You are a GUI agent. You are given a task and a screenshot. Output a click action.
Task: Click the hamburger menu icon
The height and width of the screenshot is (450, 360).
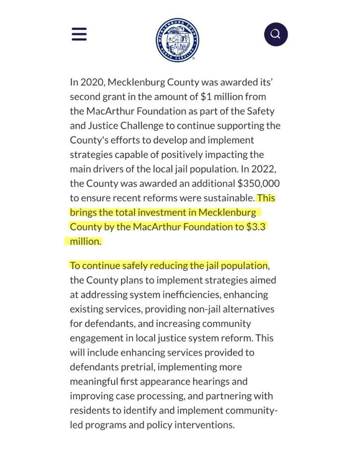point(79,34)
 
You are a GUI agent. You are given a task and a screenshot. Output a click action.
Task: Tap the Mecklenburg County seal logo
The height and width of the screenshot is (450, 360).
point(177,40)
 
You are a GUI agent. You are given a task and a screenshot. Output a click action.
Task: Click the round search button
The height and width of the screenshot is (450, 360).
point(276,34)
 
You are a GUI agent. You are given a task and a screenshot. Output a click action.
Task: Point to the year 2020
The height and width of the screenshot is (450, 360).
point(91,82)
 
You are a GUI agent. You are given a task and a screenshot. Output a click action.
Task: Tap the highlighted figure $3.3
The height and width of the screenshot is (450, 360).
point(257,226)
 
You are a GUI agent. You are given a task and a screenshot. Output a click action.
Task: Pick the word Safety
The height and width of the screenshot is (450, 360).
point(260,111)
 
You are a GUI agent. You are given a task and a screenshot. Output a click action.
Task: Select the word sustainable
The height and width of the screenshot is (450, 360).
point(228,198)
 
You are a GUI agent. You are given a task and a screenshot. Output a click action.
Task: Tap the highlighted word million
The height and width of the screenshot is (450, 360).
point(85,241)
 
